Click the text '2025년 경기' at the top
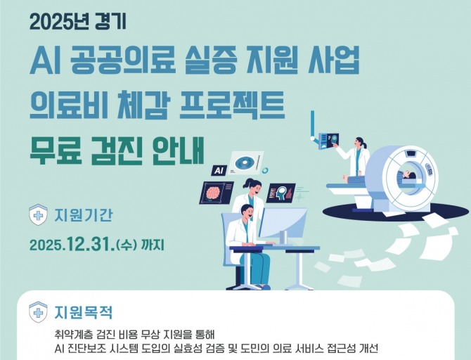pyautogui.click(x=78, y=22)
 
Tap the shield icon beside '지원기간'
pyautogui.click(x=38, y=214)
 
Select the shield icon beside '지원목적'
pyautogui.click(x=38, y=312)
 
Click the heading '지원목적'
pyautogui.click(x=84, y=312)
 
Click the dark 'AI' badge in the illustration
pyautogui.click(x=219, y=171)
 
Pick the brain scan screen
pyautogui.click(x=217, y=193)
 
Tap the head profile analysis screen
pyautogui.click(x=281, y=193)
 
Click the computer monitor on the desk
pyautogui.click(x=283, y=226)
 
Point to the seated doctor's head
pyautogui.click(x=247, y=212)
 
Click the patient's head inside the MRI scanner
pyautogui.click(x=408, y=175)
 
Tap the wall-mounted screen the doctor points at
pyautogui.click(x=329, y=141)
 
